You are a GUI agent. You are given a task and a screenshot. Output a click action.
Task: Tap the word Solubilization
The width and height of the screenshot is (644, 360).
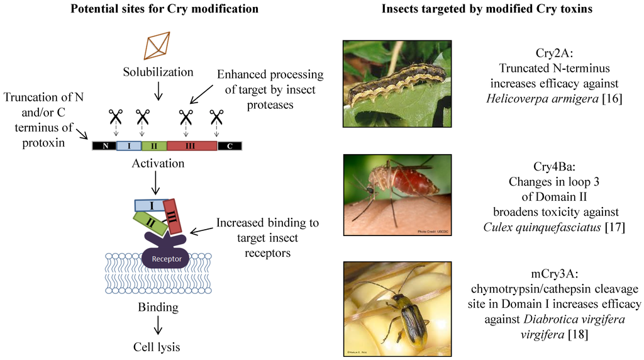pos(158,72)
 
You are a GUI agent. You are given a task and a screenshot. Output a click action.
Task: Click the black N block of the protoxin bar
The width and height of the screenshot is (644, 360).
pos(104,146)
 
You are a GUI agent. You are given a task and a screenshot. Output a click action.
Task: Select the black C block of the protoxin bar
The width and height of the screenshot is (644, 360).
pos(230,146)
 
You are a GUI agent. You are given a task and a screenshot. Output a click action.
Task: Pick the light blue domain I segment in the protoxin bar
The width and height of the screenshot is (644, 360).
pos(129,146)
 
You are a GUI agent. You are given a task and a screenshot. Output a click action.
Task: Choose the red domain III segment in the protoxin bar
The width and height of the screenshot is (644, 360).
pos(192,146)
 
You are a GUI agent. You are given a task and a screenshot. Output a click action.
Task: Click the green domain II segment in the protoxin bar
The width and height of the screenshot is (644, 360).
pos(153,146)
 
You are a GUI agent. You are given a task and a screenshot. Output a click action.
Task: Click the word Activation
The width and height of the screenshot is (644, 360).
pos(158,164)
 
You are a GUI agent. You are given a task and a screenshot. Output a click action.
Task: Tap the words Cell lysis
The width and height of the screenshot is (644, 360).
pos(158,346)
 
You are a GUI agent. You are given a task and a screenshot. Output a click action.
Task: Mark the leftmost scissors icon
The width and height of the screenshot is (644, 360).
pos(115,116)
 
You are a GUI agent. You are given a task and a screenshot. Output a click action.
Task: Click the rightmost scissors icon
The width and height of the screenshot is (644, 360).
pos(217,116)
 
